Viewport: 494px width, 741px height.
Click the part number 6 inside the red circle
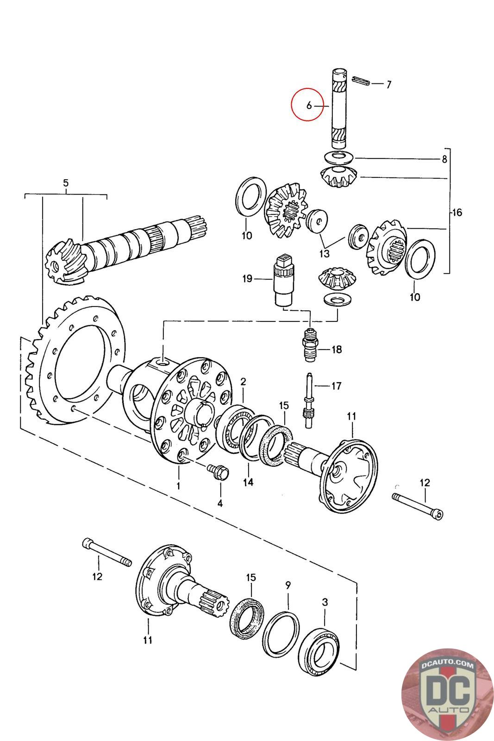(x=309, y=105)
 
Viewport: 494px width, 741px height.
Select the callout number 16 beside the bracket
(x=456, y=213)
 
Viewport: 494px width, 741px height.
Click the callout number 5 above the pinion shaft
(x=66, y=183)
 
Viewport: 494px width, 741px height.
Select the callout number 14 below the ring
(x=248, y=482)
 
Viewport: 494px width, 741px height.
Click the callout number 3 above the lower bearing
(x=325, y=602)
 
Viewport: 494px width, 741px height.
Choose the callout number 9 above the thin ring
(x=288, y=585)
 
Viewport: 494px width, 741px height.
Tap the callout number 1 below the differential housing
(x=178, y=486)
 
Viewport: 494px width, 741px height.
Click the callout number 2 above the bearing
(x=243, y=382)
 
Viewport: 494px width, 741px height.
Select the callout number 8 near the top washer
(x=444, y=160)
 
